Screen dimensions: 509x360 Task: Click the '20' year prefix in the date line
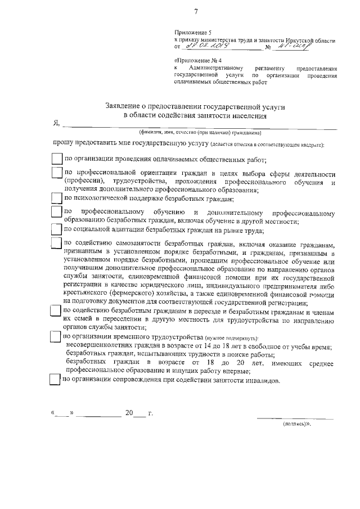[x=129, y=413]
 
